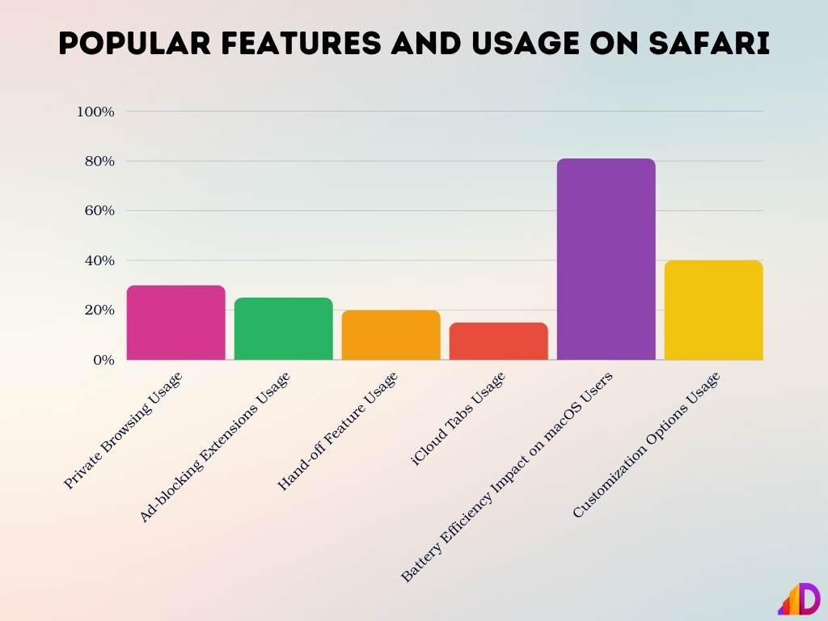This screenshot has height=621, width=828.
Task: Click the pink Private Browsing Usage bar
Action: point(176,323)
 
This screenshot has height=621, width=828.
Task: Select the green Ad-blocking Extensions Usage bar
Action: point(284,329)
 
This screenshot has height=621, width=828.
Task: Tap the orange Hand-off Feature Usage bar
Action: point(391,336)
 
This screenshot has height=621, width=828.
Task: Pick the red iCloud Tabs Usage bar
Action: point(499,341)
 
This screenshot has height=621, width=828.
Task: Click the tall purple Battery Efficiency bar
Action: point(606,259)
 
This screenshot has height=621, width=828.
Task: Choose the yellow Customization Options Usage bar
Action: point(714,310)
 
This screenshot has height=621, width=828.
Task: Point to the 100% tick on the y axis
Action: point(95,112)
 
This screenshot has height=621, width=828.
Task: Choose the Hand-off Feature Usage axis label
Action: point(338,432)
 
